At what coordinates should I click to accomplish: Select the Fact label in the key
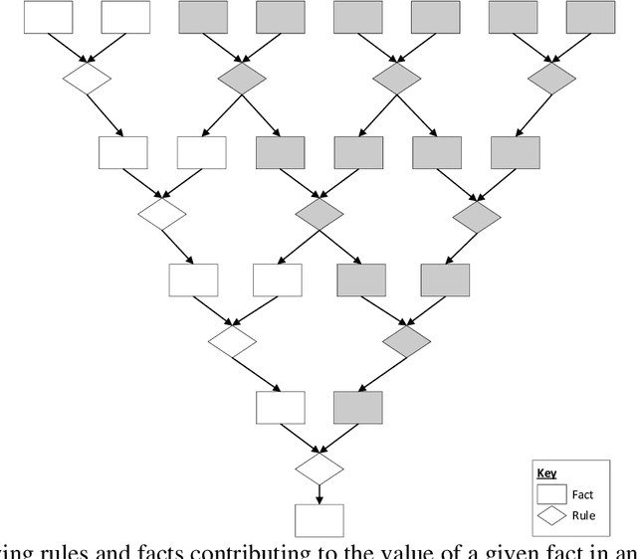(584, 494)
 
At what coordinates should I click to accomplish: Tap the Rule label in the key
(584, 515)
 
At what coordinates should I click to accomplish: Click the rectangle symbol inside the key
(551, 494)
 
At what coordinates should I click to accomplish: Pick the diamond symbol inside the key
(551, 515)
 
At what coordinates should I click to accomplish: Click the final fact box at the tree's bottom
(319, 520)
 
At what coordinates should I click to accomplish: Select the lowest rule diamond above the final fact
(319, 469)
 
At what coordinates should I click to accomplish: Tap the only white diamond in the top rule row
(88, 81)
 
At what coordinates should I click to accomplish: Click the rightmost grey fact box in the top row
(591, 17)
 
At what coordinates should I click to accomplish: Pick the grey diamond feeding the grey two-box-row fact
(406, 341)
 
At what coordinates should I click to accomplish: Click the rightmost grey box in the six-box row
(516, 152)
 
